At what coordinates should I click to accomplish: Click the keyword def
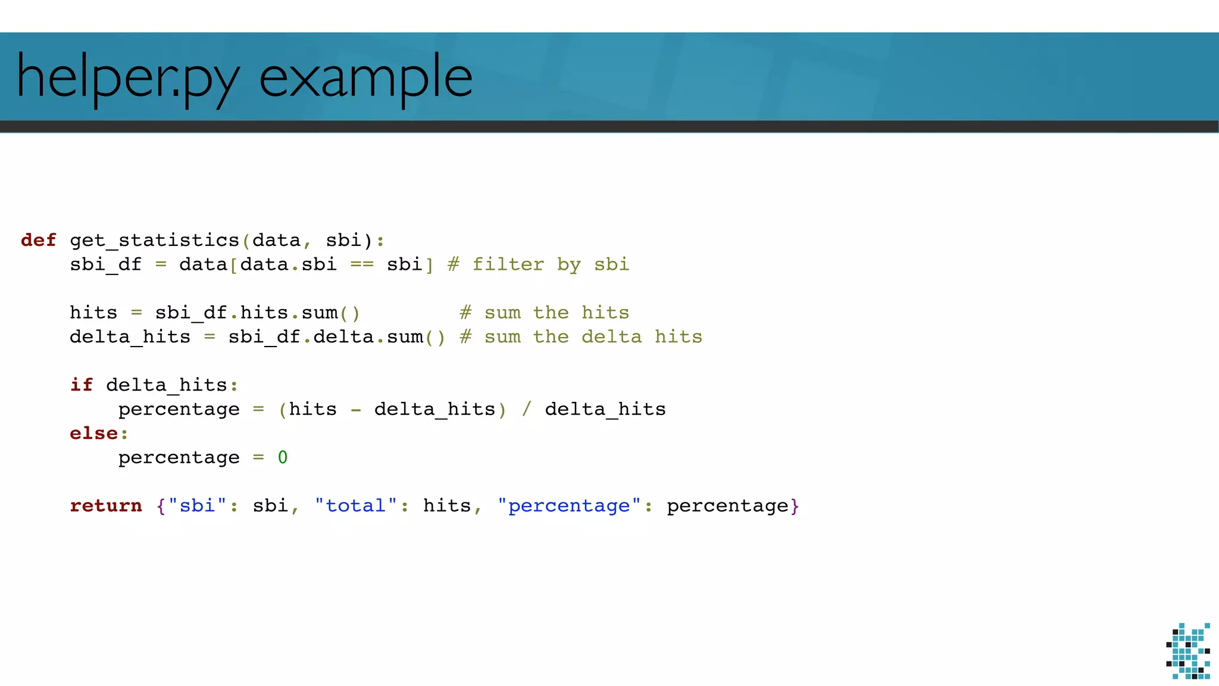coord(39,240)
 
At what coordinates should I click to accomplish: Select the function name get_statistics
coord(154,240)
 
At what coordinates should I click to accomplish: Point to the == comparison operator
coord(361,264)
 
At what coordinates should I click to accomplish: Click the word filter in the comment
coord(508,264)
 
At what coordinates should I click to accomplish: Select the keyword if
coord(82,385)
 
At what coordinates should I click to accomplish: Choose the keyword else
coord(93,434)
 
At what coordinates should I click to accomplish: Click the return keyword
coord(106,506)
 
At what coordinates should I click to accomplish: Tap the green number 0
coord(283,457)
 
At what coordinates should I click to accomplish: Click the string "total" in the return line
coord(356,506)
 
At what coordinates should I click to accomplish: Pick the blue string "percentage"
coord(569,506)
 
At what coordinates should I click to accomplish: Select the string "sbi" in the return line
coord(197,506)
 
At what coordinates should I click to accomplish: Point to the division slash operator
coord(526,409)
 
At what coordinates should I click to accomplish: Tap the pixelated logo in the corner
coord(1188,651)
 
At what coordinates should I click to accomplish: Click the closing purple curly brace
coord(795,506)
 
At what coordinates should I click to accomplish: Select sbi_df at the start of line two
coord(106,264)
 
